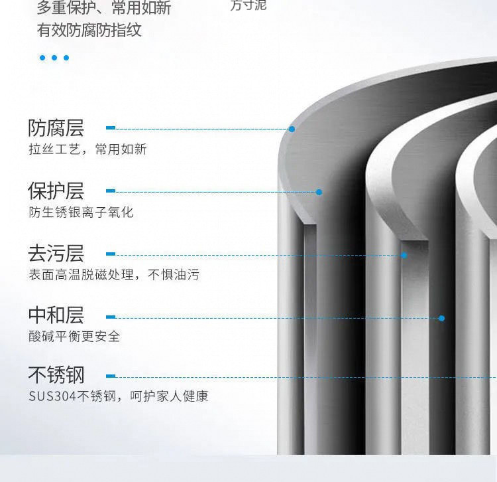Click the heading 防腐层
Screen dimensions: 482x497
[56, 128]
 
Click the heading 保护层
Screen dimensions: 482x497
[56, 191]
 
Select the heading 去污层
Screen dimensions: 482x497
[56, 254]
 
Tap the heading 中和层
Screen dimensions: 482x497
[56, 315]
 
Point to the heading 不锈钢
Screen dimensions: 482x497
[56, 376]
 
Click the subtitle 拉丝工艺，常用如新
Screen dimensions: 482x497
[87, 149]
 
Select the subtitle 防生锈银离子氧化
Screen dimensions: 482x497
[81, 212]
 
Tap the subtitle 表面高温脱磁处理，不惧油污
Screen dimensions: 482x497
[113, 274]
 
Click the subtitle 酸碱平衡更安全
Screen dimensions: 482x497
[74, 336]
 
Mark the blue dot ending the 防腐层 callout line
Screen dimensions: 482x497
[292, 129]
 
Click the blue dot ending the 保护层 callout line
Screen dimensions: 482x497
[319, 192]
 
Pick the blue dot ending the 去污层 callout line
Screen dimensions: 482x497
[404, 254]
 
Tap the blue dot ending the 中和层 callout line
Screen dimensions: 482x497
[441, 318]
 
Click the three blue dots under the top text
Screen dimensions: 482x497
[54, 58]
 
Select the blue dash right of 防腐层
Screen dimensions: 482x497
[111, 127]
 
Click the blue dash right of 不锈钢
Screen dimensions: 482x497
[111, 376]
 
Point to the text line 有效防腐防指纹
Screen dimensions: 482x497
[89, 31]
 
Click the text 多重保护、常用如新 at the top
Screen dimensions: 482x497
[104, 9]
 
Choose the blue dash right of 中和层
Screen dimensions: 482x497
[111, 317]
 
